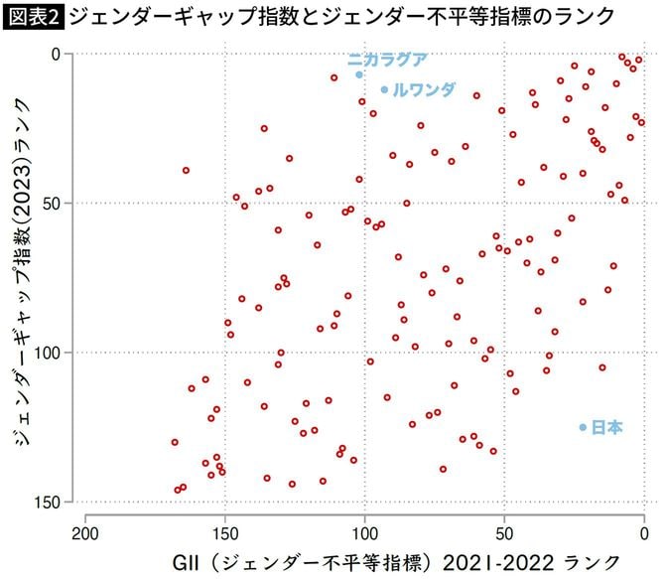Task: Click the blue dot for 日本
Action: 583,427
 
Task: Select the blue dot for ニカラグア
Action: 358,74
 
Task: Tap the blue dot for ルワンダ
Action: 384,89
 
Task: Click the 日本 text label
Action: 606,427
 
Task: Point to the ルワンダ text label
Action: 424,89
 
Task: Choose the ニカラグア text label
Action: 387,60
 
